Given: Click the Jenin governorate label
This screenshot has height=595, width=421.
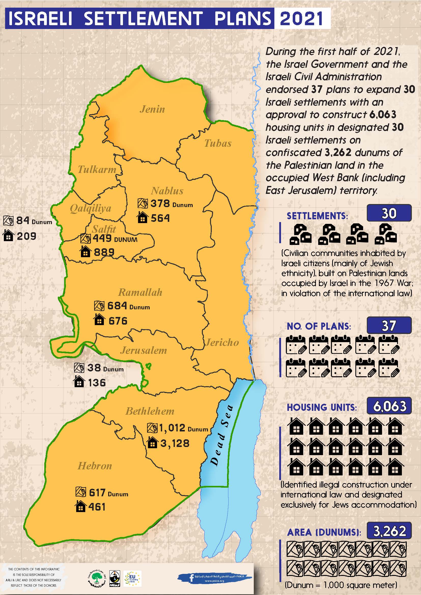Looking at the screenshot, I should (152, 109).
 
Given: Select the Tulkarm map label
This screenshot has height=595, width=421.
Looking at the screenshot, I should (97, 169).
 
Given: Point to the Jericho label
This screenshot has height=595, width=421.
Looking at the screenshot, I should (222, 342).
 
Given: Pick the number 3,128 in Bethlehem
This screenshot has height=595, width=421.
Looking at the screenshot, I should (175, 443).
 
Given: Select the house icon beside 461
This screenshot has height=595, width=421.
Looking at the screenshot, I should (80, 506).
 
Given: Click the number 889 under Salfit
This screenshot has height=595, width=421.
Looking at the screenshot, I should (104, 252).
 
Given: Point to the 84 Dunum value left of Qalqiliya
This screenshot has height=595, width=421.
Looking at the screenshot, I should (34, 221).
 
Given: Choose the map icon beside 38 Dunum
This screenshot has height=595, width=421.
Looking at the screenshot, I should (79, 368).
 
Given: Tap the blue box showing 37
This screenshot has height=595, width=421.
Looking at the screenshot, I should (389, 325).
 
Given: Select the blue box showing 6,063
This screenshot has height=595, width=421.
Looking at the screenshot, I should (389, 406).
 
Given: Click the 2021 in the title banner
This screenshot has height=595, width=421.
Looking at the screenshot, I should (301, 19).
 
